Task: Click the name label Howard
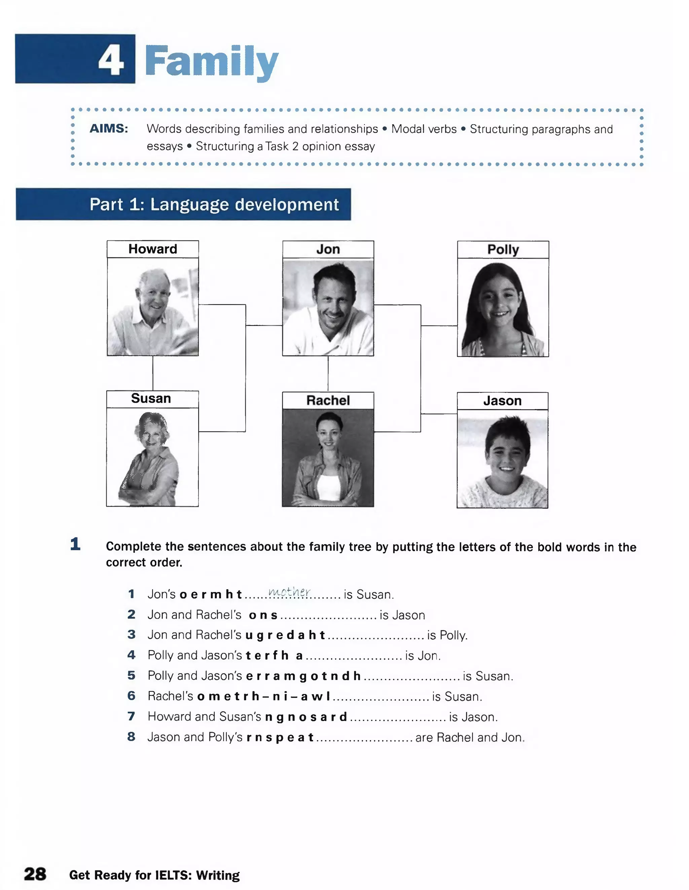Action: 153,249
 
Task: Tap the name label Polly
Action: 503,250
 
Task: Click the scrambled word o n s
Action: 263,615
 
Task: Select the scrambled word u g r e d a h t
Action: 285,635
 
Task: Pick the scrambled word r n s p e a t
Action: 280,737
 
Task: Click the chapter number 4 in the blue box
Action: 111,60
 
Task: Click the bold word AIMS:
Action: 109,129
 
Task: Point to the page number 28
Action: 35,874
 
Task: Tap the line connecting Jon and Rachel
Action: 328,374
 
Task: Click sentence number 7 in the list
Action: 131,716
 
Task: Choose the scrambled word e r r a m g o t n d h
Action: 303,676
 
